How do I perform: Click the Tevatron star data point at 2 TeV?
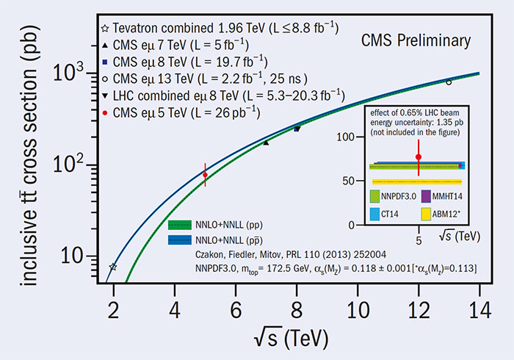(113, 267)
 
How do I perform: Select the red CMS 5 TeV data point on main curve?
(205, 174)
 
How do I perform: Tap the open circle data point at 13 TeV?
(449, 82)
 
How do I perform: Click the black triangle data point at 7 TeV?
(266, 143)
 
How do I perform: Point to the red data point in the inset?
(419, 156)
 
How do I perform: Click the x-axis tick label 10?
(358, 309)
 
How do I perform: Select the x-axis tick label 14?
(479, 309)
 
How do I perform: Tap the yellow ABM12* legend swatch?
(435, 214)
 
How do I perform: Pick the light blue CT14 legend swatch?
(383, 214)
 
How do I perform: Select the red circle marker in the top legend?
(106, 112)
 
